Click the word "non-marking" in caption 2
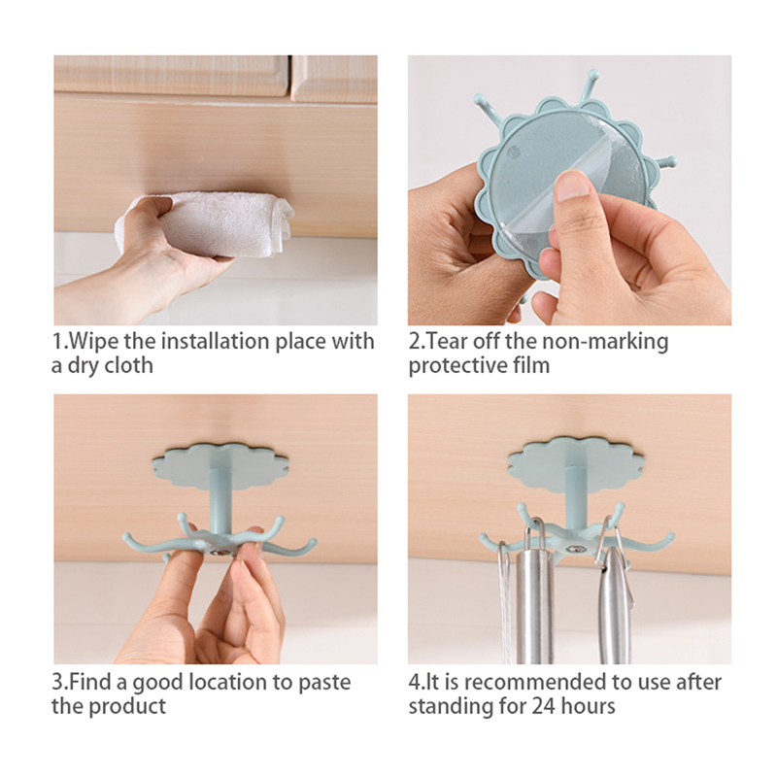605,343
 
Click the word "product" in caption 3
128,706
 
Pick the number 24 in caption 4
543,706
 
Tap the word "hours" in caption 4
588,706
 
